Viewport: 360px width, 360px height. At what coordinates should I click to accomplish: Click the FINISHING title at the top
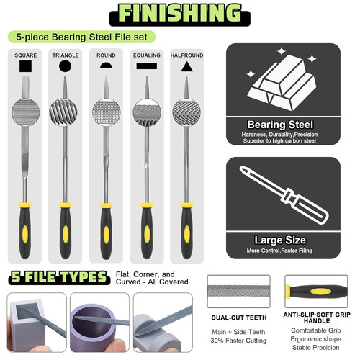coord(179,14)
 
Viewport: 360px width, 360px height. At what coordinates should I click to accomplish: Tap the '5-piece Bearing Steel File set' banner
coord(78,36)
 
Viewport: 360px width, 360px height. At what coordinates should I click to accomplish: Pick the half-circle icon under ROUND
coord(106,66)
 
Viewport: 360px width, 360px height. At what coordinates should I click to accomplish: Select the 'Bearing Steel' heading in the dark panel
coord(283,124)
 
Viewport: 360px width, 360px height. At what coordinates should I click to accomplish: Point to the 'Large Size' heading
coord(283,240)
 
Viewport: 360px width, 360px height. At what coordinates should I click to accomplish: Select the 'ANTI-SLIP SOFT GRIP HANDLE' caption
coord(317,318)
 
